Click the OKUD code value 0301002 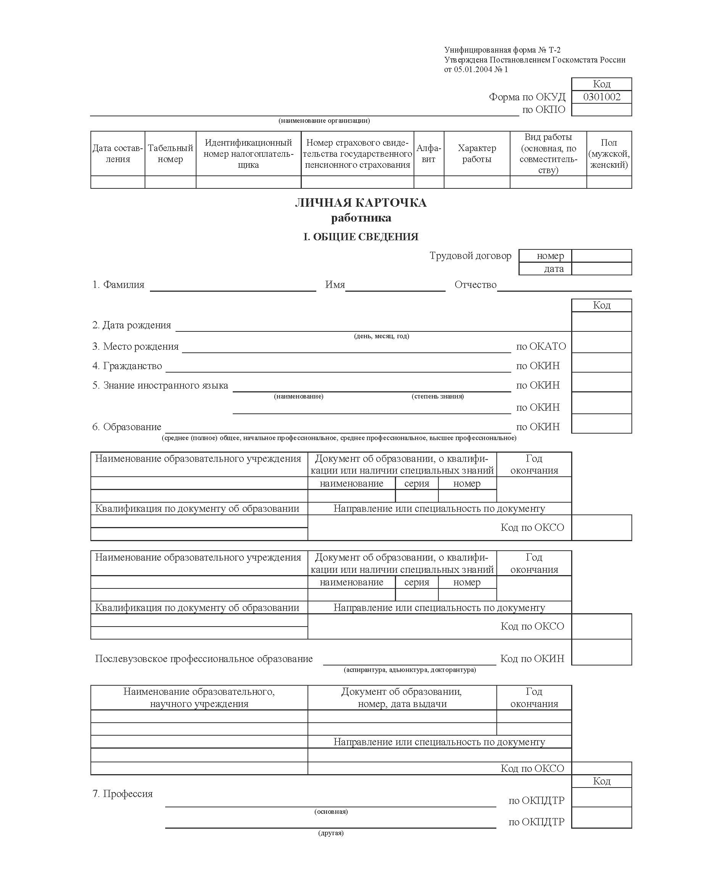(601, 97)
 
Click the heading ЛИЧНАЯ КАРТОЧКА (361, 203)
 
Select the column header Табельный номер (170, 154)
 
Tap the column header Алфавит (428, 154)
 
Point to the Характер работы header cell (477, 154)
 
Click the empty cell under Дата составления (118, 182)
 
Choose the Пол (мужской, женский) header (609, 154)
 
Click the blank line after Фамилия (233, 286)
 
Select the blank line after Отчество (564, 286)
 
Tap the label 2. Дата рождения (132, 325)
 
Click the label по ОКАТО (541, 346)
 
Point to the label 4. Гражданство (127, 366)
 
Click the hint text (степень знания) (438, 396)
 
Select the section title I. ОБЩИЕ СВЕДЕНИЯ (361, 237)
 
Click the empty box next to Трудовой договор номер (601, 256)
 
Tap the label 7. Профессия (122, 794)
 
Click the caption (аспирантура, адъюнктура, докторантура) (410, 670)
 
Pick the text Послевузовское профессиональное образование (204, 659)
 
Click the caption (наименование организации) (324, 121)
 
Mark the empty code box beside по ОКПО (601, 110)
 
